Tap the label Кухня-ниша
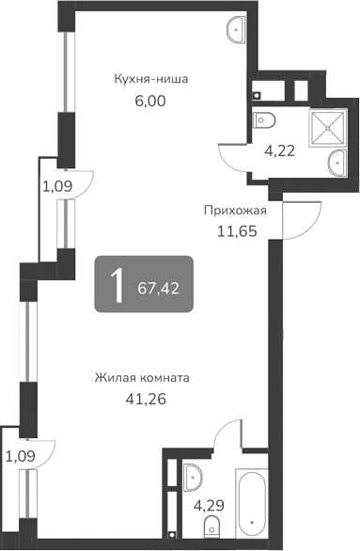point(150,80)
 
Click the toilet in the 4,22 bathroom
point(265,120)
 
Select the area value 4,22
point(279,148)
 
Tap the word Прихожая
point(235,211)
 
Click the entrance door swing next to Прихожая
point(293,221)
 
